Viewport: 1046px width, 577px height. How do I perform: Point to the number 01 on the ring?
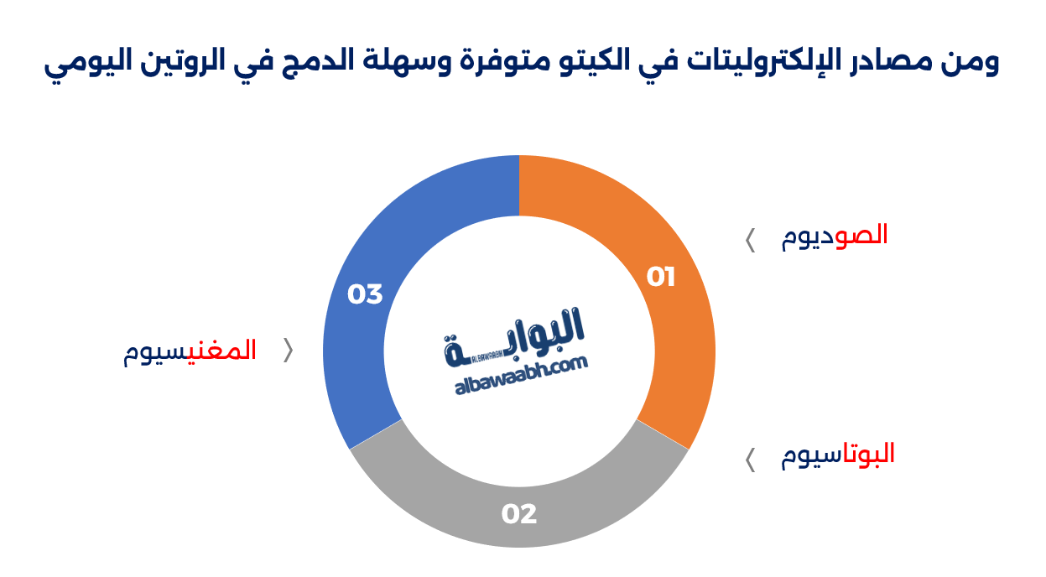(x=661, y=277)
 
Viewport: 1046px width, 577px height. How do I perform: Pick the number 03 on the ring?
(x=365, y=294)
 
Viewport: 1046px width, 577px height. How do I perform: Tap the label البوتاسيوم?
(x=838, y=455)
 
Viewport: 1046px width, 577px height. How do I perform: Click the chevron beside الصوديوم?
(x=750, y=240)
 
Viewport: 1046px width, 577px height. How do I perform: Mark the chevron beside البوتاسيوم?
(x=750, y=460)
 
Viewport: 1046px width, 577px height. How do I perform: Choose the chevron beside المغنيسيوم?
(x=289, y=351)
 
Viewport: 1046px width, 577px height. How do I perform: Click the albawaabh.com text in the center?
(x=521, y=377)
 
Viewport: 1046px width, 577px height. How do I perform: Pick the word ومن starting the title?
(x=972, y=63)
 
